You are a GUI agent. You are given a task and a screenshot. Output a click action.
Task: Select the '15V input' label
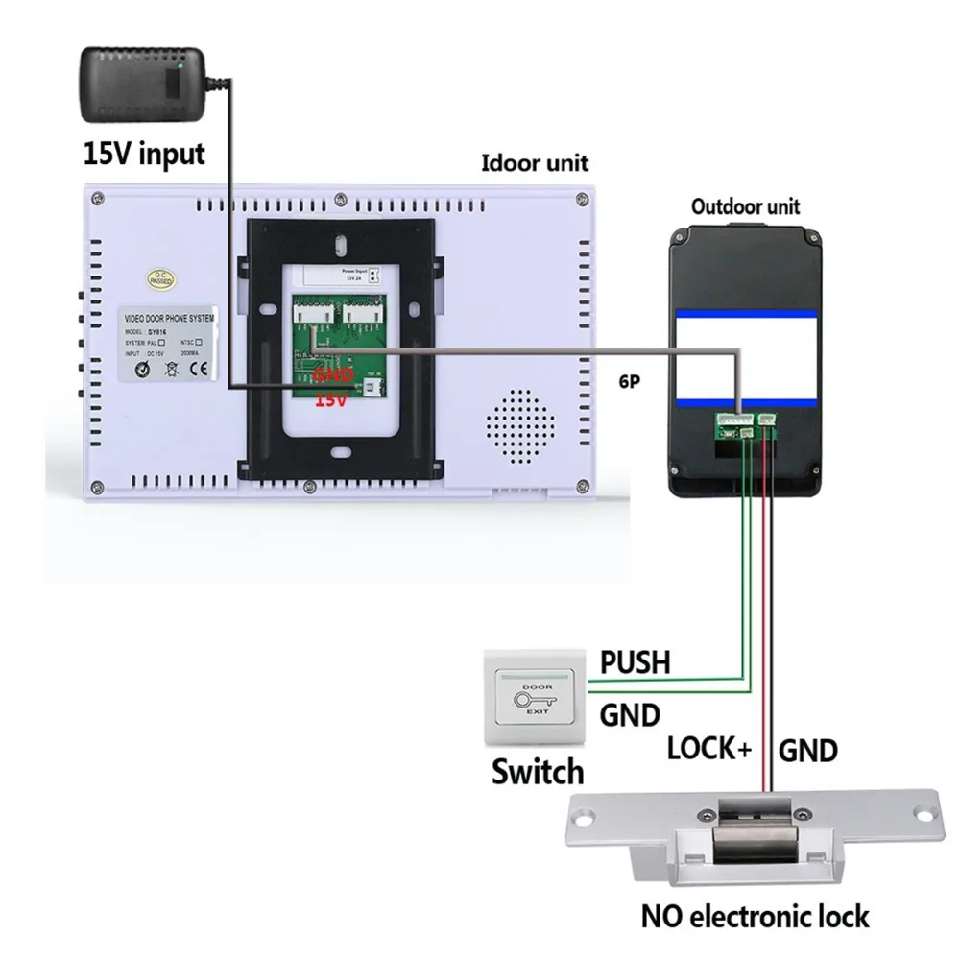pos(144,154)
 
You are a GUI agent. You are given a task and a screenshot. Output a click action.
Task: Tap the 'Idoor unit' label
pos(535,162)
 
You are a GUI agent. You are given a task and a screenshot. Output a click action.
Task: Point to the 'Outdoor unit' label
pos(745,206)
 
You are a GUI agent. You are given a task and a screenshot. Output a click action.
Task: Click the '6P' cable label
pos(630,380)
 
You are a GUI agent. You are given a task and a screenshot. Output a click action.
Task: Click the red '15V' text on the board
pos(330,399)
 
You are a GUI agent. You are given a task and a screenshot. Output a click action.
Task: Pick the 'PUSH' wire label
pos(635,662)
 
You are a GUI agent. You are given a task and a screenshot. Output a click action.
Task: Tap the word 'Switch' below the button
pos(538,771)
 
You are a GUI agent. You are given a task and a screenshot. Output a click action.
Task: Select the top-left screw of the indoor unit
pos(97,200)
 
